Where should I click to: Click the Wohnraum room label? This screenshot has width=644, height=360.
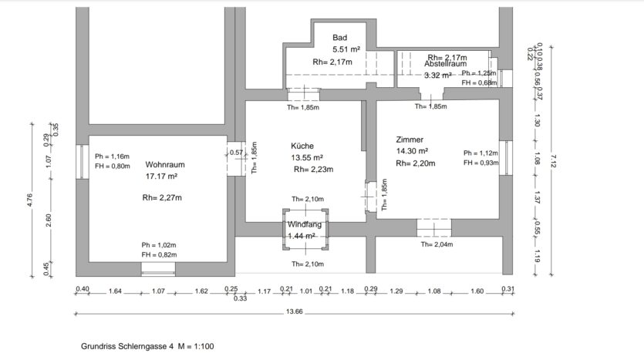coord(165,165)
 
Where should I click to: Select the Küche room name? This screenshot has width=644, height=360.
coord(302,146)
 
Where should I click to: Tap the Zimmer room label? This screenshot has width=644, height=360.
coord(410,140)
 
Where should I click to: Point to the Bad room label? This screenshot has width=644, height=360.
coord(339,37)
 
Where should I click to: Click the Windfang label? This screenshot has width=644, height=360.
coord(305,224)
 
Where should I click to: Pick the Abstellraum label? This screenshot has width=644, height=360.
coord(446,64)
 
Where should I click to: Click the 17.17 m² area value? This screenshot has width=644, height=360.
coord(161,177)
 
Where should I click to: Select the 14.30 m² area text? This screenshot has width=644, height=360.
coord(412,151)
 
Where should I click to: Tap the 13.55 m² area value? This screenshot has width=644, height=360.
coord(307,157)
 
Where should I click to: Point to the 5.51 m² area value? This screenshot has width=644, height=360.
coord(346,49)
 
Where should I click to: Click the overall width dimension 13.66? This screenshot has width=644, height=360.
coord(294,311)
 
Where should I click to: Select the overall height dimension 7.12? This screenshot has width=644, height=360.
coord(553,161)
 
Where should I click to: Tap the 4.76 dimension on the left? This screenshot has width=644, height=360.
coord(29,200)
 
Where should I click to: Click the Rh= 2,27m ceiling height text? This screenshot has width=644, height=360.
coord(162,198)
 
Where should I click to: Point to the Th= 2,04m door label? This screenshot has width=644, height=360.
coord(437,244)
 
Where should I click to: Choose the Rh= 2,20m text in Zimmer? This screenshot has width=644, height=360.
coord(415,163)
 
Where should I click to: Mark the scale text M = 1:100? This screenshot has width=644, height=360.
coord(196,346)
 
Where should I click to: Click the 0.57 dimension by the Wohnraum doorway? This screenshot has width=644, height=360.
coord(236,153)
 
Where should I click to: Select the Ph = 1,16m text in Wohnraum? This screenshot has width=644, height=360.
coord(112,156)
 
